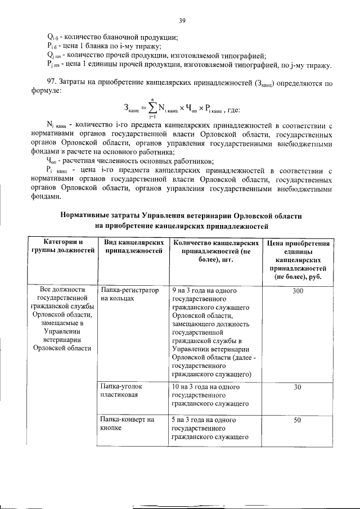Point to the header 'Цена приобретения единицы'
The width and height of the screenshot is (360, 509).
pos(298,259)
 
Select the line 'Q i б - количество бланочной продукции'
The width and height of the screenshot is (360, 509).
pos(112,37)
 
